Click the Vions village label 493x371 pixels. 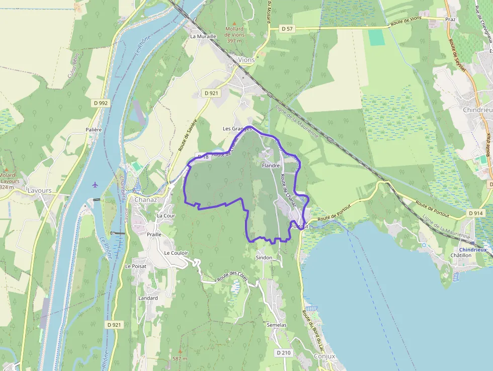coord(247,60)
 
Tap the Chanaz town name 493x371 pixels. coord(146,199)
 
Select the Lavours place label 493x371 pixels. coord(40,191)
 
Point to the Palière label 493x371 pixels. coord(94,129)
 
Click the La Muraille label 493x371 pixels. coord(203,36)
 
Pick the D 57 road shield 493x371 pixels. coord(287,29)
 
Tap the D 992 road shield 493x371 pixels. coord(101,103)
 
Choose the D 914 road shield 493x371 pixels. coord(476,213)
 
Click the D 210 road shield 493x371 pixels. coord(283,353)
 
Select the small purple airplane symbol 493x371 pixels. coord(95,184)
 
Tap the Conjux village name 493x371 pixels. coord(324,356)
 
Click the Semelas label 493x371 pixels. coord(277,325)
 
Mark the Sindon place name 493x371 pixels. coord(264,258)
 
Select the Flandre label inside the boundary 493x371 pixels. coord(271,165)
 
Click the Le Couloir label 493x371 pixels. coord(176,253)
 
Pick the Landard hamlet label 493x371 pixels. coord(148,298)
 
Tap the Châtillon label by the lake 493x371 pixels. coord(461,256)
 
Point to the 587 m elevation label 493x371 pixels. coord(180,359)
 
